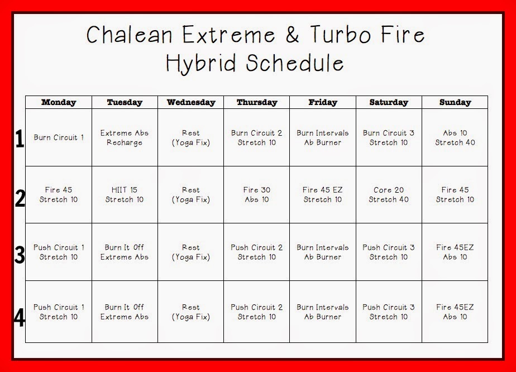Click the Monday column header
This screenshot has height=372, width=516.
59,102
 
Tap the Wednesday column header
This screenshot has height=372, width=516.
191,102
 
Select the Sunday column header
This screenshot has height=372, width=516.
455,102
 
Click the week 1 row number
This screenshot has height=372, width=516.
20,139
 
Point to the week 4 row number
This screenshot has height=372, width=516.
20,318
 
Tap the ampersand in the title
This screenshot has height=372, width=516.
292,35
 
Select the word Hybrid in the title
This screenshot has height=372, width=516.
201,63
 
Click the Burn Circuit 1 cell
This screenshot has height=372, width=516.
59,137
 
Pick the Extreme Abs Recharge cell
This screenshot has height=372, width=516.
125,137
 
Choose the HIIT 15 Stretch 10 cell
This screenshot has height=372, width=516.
125,194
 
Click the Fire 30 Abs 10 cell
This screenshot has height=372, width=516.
257,194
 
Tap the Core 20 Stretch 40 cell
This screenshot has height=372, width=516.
389,194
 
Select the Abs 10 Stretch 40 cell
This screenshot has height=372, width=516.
455,137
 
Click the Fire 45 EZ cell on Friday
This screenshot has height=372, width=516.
323,194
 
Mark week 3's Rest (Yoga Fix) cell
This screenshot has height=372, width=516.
191,252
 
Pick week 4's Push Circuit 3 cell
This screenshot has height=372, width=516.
389,312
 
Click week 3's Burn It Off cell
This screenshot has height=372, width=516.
125,252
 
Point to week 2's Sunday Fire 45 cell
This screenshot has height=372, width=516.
455,194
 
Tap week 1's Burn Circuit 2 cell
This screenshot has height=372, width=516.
257,137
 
